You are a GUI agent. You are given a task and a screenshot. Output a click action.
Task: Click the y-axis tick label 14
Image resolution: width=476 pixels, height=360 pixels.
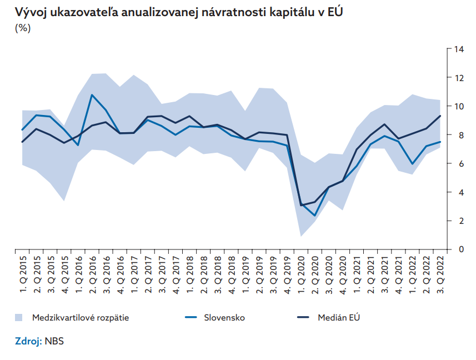[x=459, y=49]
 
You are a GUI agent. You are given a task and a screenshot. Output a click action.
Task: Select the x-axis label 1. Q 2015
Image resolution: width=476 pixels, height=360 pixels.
[x=23, y=273]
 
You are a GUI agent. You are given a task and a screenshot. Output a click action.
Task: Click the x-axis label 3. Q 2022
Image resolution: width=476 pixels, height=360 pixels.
[x=440, y=273]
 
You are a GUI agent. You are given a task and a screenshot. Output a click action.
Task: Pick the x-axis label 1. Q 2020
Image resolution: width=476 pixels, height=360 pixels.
[x=300, y=273]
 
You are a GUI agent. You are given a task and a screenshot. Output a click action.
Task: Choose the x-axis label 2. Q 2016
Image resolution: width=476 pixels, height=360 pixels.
[x=92, y=273]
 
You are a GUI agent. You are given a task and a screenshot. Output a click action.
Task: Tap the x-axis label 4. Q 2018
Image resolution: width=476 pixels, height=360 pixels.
[x=231, y=273]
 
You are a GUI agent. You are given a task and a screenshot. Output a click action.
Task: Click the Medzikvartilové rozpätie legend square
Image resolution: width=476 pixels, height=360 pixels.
[x=19, y=317]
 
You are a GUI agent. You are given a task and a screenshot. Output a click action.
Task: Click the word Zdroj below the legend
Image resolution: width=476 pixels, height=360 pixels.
[x=27, y=341]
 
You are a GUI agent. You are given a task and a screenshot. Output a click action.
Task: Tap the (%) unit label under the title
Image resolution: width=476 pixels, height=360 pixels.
[x=23, y=29]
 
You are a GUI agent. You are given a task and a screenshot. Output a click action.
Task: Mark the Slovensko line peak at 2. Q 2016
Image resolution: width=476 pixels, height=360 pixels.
[x=92, y=95]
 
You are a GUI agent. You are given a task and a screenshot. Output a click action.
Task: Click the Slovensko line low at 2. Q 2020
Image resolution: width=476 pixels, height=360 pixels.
[x=314, y=216]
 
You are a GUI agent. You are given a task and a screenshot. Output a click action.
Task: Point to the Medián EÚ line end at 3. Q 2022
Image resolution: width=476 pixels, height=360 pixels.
[x=440, y=116]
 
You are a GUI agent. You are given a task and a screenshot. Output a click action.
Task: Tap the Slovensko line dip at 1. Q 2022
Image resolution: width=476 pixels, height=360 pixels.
[x=412, y=164]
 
